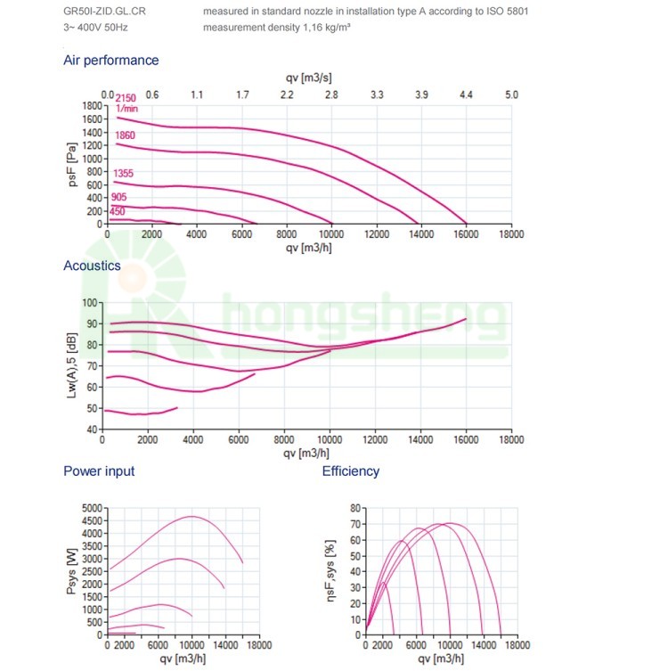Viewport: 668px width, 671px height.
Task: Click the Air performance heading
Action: [110, 61]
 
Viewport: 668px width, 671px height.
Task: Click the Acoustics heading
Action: [92, 266]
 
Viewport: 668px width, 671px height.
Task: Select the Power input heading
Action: [99, 471]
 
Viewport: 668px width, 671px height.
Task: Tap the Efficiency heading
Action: [351, 471]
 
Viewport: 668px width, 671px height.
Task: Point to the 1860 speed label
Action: [125, 135]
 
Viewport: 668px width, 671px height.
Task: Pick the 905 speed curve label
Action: [119, 198]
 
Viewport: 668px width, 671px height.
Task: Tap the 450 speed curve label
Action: [118, 211]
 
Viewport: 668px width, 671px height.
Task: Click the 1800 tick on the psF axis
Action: [93, 106]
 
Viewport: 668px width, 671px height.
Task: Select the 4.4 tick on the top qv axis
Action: [466, 94]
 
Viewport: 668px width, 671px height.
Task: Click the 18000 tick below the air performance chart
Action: [511, 235]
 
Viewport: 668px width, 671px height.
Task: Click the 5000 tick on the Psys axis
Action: [93, 508]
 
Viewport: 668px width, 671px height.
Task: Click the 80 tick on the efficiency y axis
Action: [354, 508]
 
